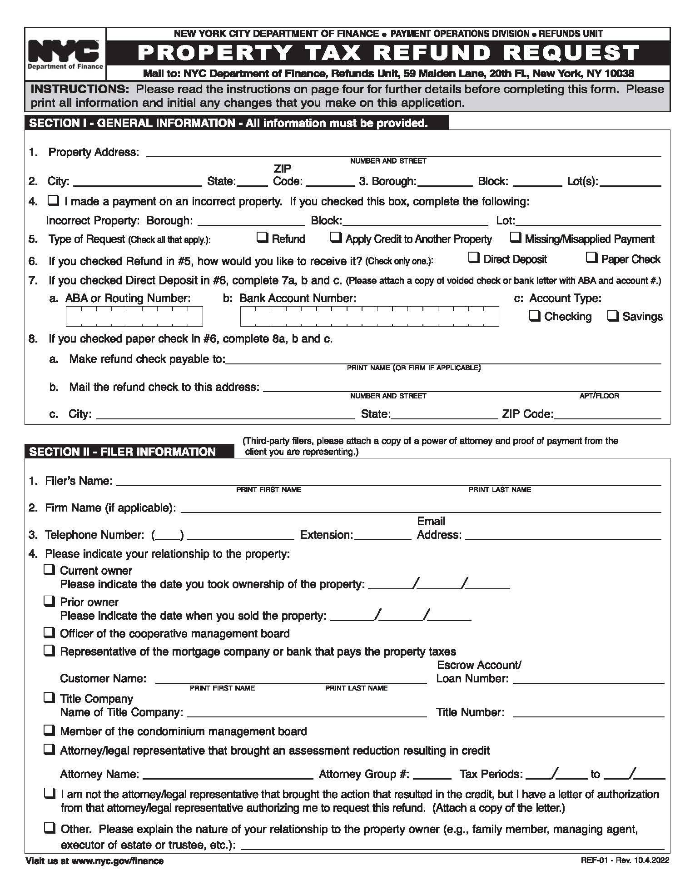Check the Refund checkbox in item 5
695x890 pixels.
point(262,237)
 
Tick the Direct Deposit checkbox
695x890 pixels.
point(474,257)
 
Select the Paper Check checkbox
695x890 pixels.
point(591,257)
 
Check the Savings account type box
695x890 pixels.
point(613,316)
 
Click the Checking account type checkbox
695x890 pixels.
point(535,316)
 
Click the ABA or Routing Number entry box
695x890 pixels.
point(134,316)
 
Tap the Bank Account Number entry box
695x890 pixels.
point(369,316)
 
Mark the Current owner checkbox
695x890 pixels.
point(49,569)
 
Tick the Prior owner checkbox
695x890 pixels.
point(49,601)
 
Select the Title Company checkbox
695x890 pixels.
point(49,697)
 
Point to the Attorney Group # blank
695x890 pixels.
point(432,775)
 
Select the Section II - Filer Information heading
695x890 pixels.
point(123,452)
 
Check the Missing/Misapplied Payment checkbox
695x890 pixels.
point(515,237)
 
